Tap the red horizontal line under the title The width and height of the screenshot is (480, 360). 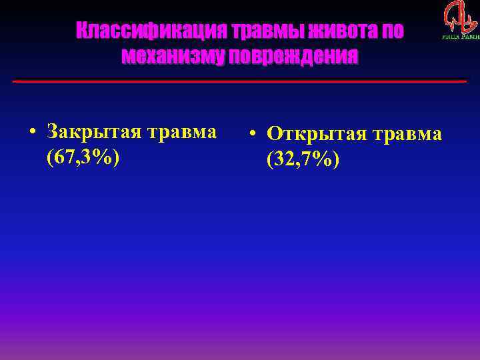[x=240, y=81]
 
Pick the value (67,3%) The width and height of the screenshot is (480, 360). [x=83, y=157]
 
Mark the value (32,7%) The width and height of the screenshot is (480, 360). [x=303, y=160]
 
